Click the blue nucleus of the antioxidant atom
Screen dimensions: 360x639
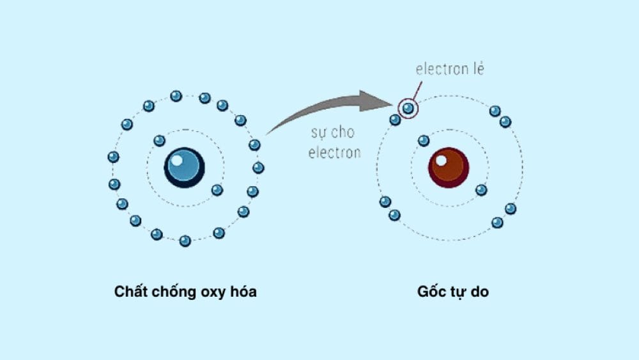pyautogui.click(x=185, y=168)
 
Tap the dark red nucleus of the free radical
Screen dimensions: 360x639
pyautogui.click(x=449, y=168)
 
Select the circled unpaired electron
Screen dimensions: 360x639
pyautogui.click(x=408, y=109)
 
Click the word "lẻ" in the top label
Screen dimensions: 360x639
pyautogui.click(x=476, y=69)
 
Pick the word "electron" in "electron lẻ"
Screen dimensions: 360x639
pyautogui.click(x=440, y=69)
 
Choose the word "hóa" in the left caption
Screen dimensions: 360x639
pyautogui.click(x=245, y=292)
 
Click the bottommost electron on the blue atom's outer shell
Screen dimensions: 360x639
pyautogui.click(x=185, y=241)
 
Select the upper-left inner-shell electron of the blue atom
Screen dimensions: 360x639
pyautogui.click(x=159, y=141)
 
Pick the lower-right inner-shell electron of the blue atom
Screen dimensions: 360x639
pyautogui.click(x=217, y=190)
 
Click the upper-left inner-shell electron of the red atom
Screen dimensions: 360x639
pyautogui.click(x=424, y=141)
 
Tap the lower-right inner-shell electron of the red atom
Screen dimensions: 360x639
pyautogui.click(x=481, y=190)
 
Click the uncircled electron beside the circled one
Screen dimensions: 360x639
pyautogui.click(x=396, y=120)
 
